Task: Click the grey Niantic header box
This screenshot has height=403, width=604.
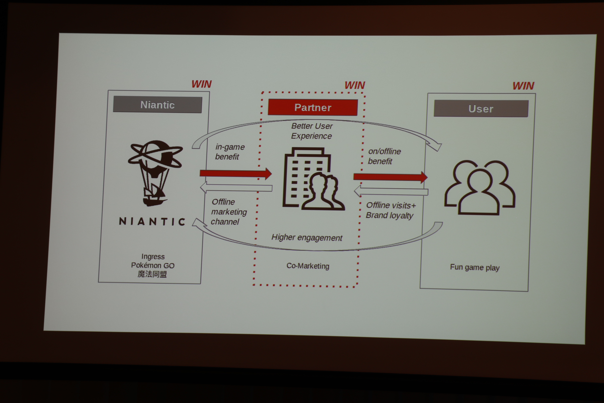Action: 158,105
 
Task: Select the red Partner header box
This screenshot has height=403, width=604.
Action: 313,108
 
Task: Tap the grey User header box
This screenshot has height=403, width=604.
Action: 481,109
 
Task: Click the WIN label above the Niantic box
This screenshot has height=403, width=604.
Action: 202,84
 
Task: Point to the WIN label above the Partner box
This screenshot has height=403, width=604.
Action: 355,85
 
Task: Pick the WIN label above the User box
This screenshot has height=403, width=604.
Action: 523,86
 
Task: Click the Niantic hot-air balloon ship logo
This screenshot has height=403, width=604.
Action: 155,173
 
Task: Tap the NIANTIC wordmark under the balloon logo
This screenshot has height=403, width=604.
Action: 152,221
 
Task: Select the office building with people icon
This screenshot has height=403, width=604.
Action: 314,179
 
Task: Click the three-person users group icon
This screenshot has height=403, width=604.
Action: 480,187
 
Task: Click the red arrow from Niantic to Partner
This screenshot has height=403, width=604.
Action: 236,174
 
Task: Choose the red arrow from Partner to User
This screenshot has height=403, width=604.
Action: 390,177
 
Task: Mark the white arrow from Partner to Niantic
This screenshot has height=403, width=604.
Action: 236,187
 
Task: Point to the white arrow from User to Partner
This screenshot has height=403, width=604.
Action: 391,191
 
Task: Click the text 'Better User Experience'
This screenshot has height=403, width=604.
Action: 312,131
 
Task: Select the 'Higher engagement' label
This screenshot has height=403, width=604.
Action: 307,238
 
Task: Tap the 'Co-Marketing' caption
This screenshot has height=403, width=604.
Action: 308,266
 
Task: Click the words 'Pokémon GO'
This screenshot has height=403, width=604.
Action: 153,265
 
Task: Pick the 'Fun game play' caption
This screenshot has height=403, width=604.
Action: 475,267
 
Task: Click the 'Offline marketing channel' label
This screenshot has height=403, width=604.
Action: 229,212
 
